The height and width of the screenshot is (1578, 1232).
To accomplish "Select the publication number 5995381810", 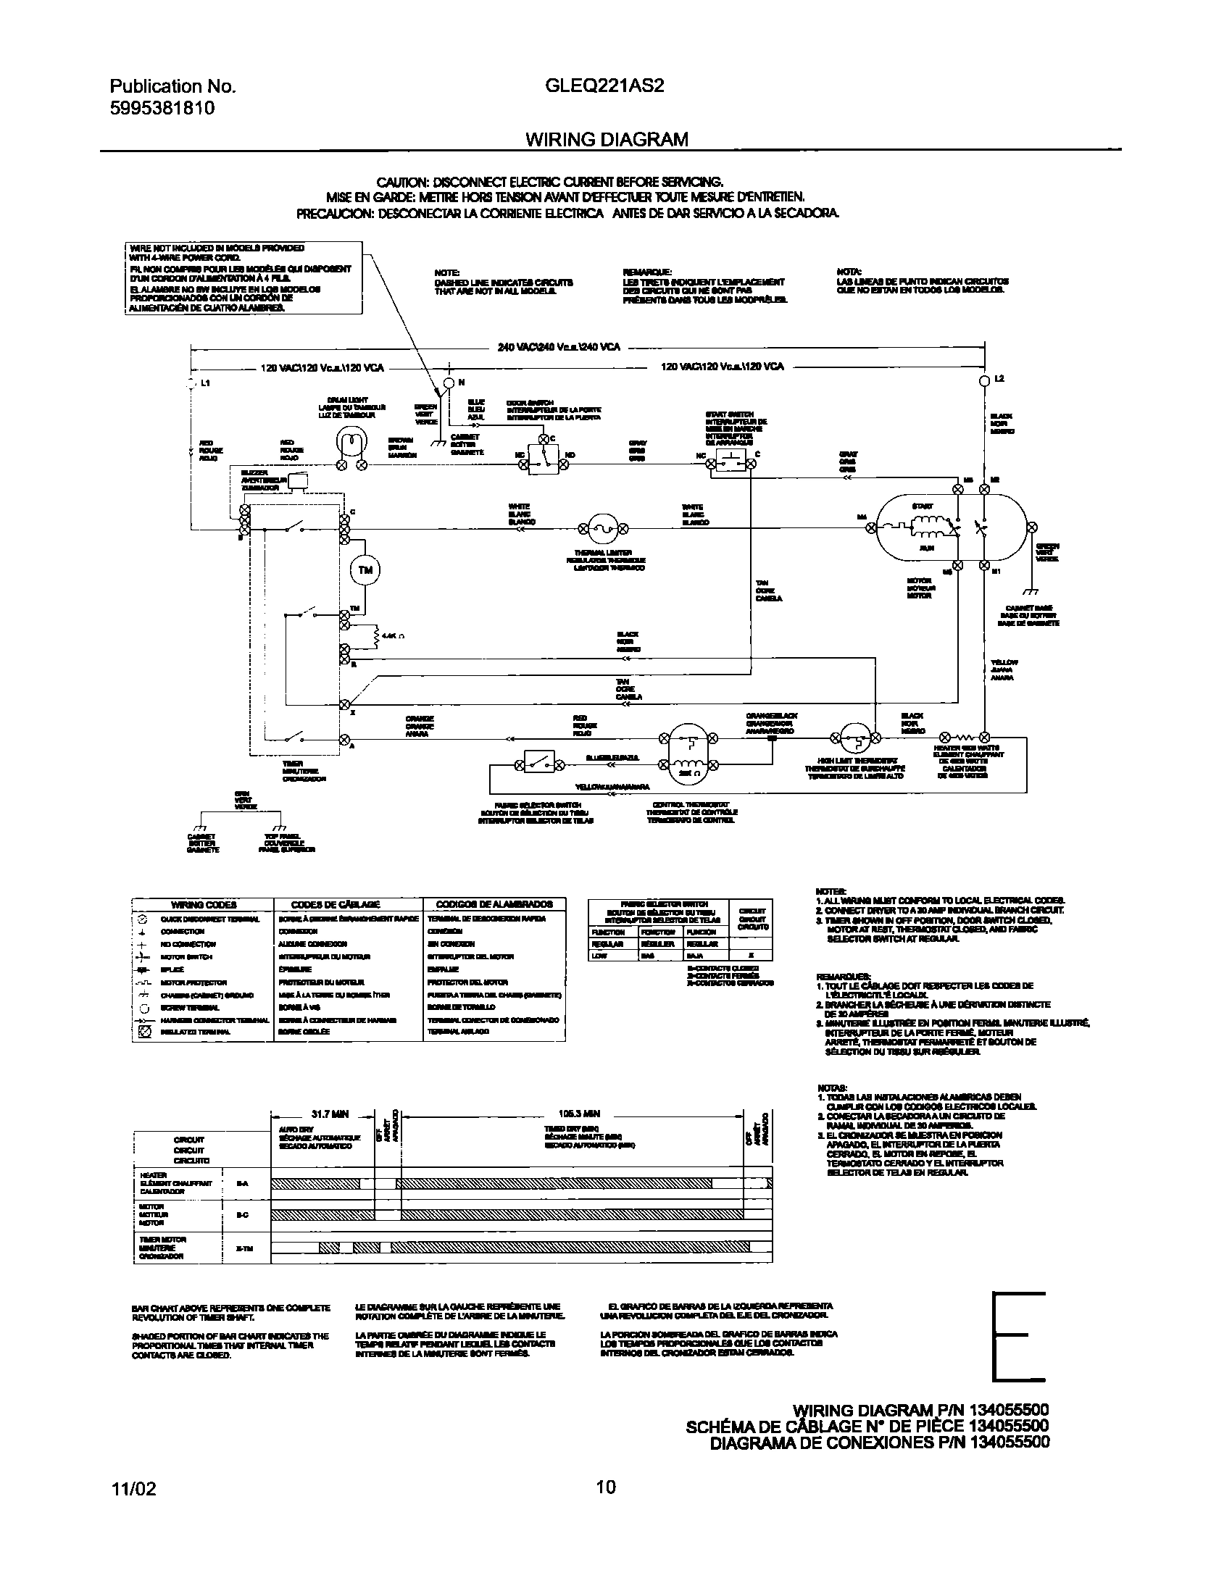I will pyautogui.click(x=162, y=109).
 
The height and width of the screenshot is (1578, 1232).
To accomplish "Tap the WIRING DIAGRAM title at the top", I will pyautogui.click(x=607, y=139).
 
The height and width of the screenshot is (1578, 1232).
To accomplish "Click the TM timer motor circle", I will pyautogui.click(x=365, y=571).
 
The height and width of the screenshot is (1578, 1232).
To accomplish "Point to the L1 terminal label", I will pyautogui.click(x=205, y=383).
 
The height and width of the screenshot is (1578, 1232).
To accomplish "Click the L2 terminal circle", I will pyautogui.click(x=983, y=380).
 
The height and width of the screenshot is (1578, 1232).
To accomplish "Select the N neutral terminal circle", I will pyautogui.click(x=449, y=382).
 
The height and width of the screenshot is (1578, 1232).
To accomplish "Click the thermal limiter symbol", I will pyautogui.click(x=602, y=530).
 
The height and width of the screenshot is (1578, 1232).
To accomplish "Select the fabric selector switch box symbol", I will pyautogui.click(x=539, y=762).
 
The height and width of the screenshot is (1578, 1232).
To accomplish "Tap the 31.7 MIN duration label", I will pyautogui.click(x=330, y=1114).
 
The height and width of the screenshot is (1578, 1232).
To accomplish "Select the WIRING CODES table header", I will pyautogui.click(x=203, y=904).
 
